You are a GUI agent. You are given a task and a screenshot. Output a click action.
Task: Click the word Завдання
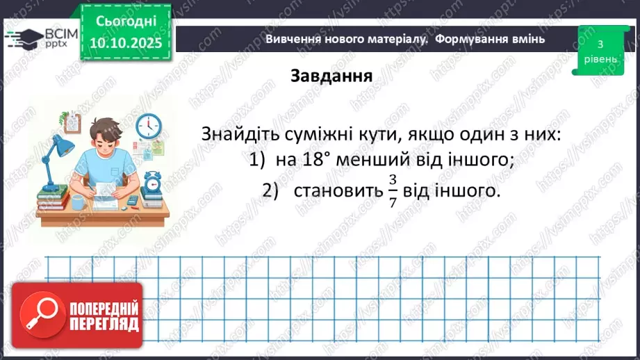pos(331,76)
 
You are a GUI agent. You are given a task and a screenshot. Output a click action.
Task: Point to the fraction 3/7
pos(393,190)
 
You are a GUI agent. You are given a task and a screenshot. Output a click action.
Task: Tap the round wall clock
pos(148,127)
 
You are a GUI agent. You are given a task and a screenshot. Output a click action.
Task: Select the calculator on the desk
pos(131,202)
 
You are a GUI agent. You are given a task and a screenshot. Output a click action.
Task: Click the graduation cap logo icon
pos(23,37)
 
